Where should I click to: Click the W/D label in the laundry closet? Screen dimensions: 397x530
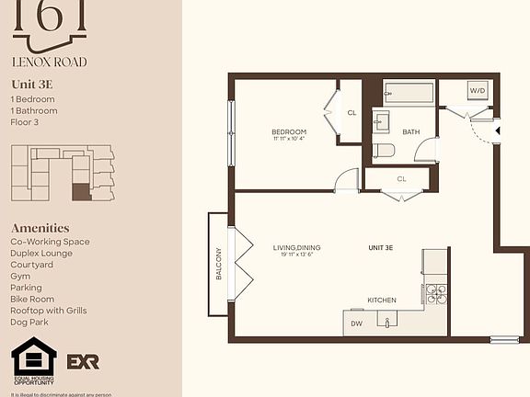pos(478,92)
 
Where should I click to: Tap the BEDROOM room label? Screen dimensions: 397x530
pos(288,132)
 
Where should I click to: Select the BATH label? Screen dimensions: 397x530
pos(410,131)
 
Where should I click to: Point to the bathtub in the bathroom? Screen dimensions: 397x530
pos(409,93)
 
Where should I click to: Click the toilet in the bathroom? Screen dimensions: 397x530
pos(384,151)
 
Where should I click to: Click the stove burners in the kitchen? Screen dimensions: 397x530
pos(435,294)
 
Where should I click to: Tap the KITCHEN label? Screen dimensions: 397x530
pos(382,301)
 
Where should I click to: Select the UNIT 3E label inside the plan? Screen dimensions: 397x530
pos(381,247)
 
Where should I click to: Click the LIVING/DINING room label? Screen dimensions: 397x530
pos(295,247)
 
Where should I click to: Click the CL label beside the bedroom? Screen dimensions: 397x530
pos(351,113)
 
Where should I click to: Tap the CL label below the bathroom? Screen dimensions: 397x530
pos(401,179)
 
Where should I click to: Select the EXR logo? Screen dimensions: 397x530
pos(85,361)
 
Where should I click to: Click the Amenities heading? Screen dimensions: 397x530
pos(40,228)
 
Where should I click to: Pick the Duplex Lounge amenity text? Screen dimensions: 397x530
pos(43,253)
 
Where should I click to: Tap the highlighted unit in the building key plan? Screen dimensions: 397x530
pos(81,192)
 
